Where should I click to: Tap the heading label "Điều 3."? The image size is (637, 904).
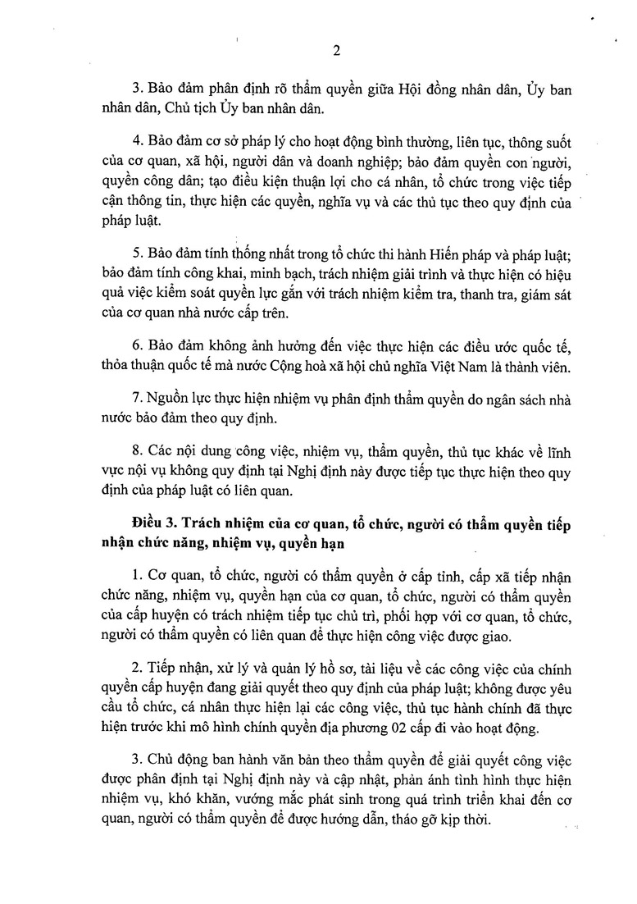click(154, 523)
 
